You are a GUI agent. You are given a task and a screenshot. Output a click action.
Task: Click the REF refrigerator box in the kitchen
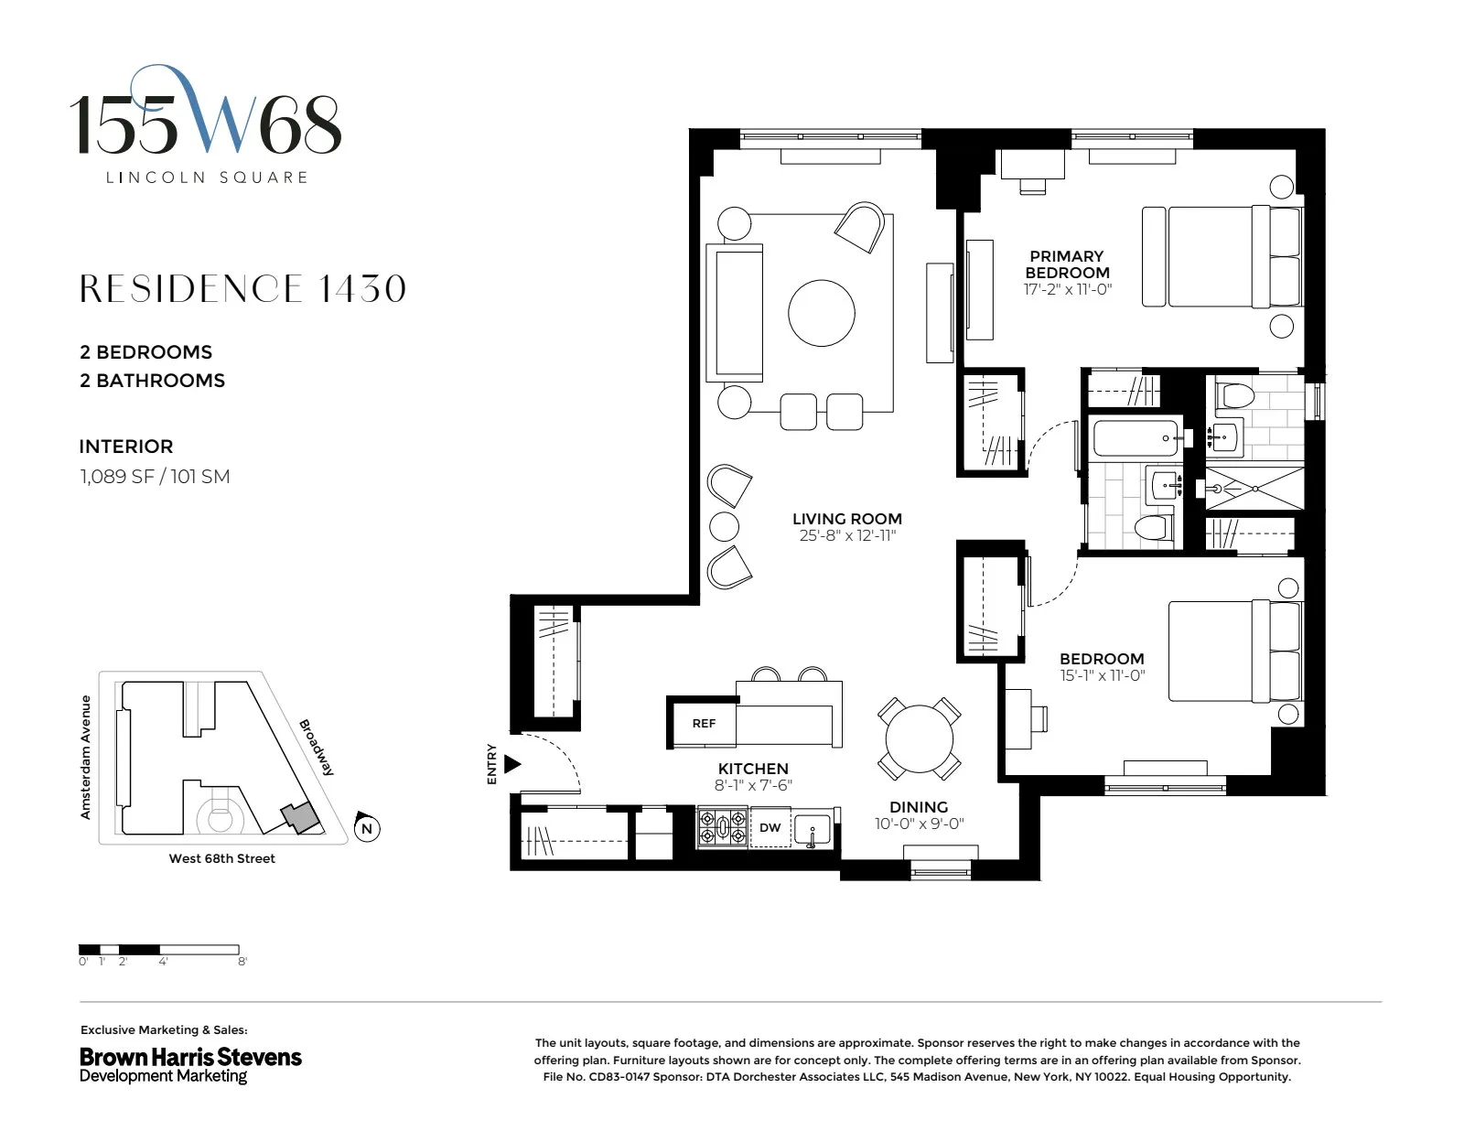[x=703, y=723]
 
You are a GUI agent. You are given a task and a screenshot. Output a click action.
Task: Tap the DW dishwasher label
[x=770, y=827]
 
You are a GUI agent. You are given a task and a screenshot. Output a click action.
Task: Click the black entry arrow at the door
[x=512, y=763]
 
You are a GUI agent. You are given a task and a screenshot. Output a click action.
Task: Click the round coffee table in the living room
[x=822, y=313]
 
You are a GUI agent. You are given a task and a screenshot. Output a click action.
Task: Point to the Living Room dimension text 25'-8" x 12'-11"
[x=847, y=535]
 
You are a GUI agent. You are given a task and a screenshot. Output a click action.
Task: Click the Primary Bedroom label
[x=1067, y=264]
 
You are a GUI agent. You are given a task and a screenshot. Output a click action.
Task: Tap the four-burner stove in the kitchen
[x=723, y=827]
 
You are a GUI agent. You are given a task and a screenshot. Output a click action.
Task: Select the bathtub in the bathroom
[x=1136, y=438]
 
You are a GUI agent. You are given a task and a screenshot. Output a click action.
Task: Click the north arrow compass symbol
[x=367, y=828]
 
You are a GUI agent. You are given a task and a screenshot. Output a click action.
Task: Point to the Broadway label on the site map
[x=317, y=748]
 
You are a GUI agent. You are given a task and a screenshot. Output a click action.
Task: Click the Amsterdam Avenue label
[x=86, y=757]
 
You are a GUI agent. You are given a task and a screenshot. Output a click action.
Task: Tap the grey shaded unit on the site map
[x=297, y=817]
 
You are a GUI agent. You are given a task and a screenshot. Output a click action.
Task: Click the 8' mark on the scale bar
[x=242, y=962]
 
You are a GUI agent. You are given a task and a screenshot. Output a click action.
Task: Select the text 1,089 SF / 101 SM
[x=155, y=476]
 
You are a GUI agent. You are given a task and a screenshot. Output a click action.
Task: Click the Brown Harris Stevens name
[x=190, y=1057]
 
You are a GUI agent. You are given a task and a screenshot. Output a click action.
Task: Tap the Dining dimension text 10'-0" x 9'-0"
[x=919, y=824]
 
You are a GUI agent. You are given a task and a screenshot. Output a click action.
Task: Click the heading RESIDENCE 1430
[x=242, y=289]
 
